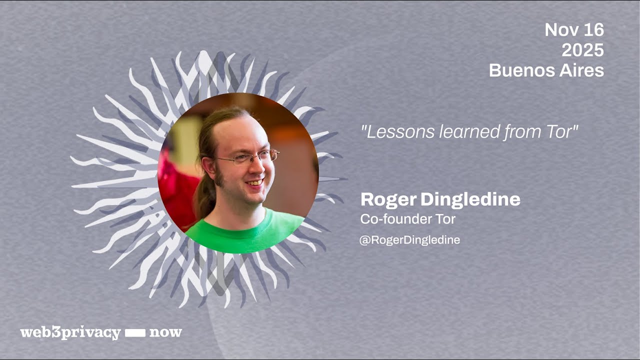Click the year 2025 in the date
click(582, 50)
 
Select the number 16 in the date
click(593, 30)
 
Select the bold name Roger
click(388, 200)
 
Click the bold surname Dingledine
click(470, 200)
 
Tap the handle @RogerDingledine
click(409, 240)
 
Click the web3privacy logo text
click(70, 333)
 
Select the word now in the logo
click(165, 333)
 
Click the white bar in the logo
click(134, 333)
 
